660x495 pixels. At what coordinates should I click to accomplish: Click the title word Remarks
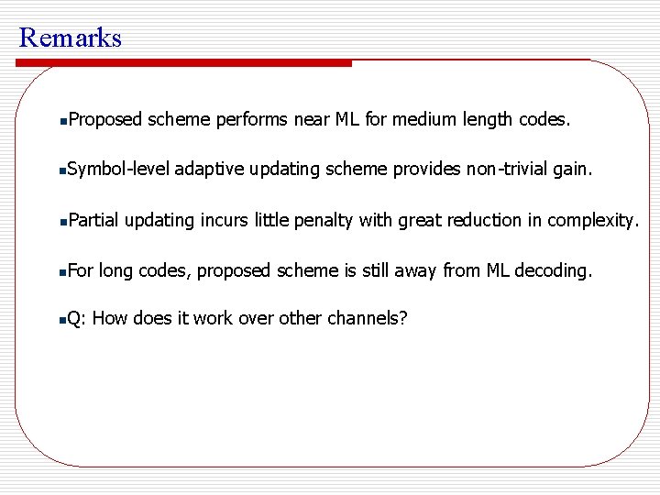70,38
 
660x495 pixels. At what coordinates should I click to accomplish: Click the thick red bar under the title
183,63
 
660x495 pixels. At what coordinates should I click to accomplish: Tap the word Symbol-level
118,170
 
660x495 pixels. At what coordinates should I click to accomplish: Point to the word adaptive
208,170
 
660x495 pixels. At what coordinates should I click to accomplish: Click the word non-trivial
508,170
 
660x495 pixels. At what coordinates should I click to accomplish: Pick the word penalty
324,220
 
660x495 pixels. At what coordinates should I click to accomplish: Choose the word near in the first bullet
314,119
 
